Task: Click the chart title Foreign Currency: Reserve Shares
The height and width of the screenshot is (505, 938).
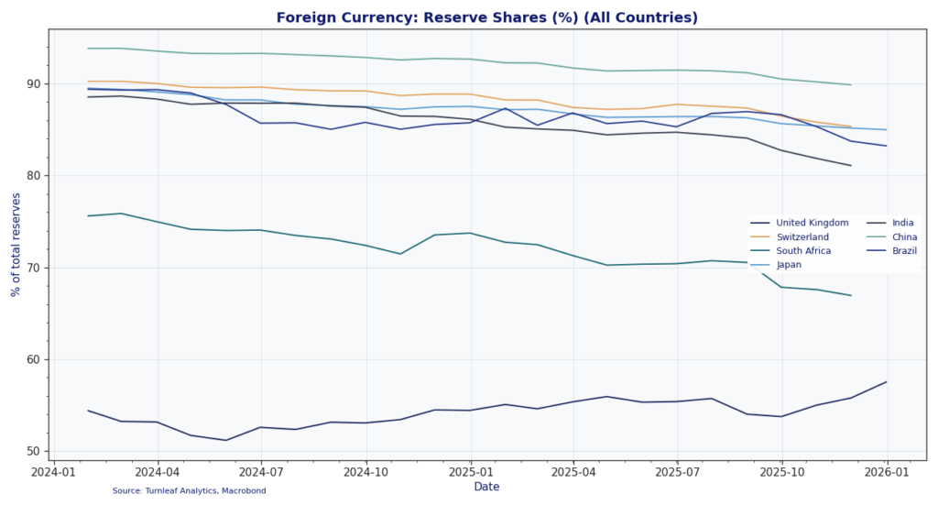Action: pyautogui.click(x=486, y=17)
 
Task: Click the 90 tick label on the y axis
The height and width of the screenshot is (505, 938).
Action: pyautogui.click(x=33, y=84)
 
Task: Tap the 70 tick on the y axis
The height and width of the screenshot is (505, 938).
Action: pyautogui.click(x=33, y=268)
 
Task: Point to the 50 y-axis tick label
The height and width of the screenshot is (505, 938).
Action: pyautogui.click(x=33, y=452)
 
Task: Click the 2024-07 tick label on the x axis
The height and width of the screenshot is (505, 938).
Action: pyautogui.click(x=261, y=472)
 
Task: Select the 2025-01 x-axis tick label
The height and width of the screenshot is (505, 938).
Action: pyautogui.click(x=470, y=472)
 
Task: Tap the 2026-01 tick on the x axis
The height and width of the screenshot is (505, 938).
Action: pyautogui.click(x=887, y=472)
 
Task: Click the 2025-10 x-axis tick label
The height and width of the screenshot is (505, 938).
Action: pyautogui.click(x=781, y=472)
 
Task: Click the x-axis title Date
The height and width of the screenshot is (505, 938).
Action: pyautogui.click(x=486, y=487)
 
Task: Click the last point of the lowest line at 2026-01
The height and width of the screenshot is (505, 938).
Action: pyautogui.click(x=886, y=382)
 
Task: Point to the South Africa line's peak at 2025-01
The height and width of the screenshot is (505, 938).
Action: pyautogui.click(x=470, y=233)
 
